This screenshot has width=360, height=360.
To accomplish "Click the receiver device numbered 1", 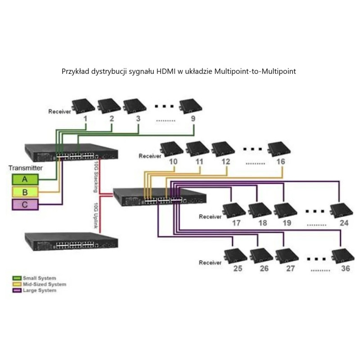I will [84, 106].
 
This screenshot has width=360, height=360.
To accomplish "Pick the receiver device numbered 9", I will [191, 106].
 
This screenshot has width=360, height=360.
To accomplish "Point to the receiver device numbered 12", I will [223, 148].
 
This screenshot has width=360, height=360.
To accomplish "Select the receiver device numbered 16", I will [279, 148].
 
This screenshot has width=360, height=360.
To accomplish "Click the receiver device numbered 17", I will [234, 210].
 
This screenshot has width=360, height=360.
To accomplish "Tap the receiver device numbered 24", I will [341, 210].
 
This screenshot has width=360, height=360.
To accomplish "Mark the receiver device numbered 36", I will [342, 255].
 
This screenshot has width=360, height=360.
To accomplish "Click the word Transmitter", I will [26, 168].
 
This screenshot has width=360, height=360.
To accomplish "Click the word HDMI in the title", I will [165, 71].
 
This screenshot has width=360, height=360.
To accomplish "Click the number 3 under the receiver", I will [138, 119].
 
